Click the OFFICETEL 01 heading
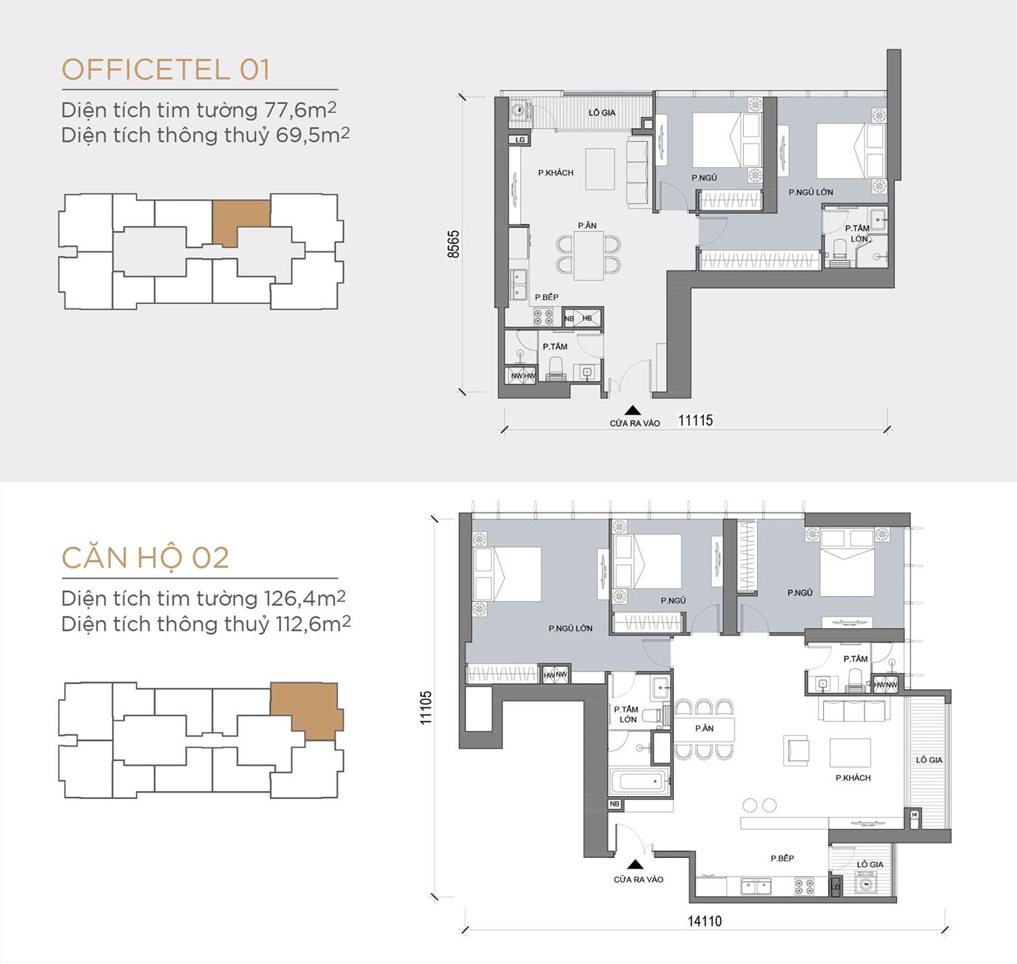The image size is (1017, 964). point(166,70)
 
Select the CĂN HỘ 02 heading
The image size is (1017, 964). point(145,558)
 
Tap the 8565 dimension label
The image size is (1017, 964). point(453,244)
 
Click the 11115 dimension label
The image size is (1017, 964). point(695,420)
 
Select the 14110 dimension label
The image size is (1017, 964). point(705,921)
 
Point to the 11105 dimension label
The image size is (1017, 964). point(426,707)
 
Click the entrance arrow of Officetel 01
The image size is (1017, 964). point(633,411)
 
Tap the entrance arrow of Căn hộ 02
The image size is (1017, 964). point(636,864)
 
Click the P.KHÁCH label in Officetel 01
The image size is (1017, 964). point(556,173)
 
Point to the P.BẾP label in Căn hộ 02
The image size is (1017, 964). point(782,859)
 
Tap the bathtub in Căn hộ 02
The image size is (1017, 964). point(639,782)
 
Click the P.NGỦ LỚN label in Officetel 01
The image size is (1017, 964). point(811,193)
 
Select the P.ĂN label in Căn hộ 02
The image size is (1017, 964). point(704,728)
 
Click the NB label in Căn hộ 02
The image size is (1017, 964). point(615,804)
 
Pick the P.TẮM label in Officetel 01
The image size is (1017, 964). point(555,347)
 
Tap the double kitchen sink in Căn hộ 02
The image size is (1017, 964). point(756,886)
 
